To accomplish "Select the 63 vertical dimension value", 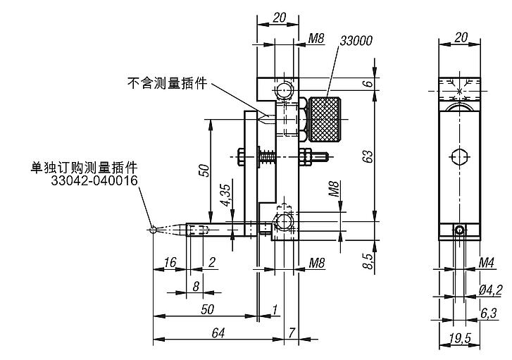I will [x=367, y=156].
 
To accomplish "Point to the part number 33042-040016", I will [x=94, y=181].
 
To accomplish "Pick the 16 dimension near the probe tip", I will [x=170, y=262].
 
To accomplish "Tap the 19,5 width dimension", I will [x=461, y=340].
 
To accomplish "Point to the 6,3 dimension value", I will [x=489, y=312].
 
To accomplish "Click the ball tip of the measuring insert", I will [x=154, y=228].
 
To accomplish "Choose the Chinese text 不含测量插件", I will [x=167, y=83].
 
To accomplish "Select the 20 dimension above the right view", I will [x=461, y=36].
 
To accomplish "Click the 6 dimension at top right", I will [x=367, y=84].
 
